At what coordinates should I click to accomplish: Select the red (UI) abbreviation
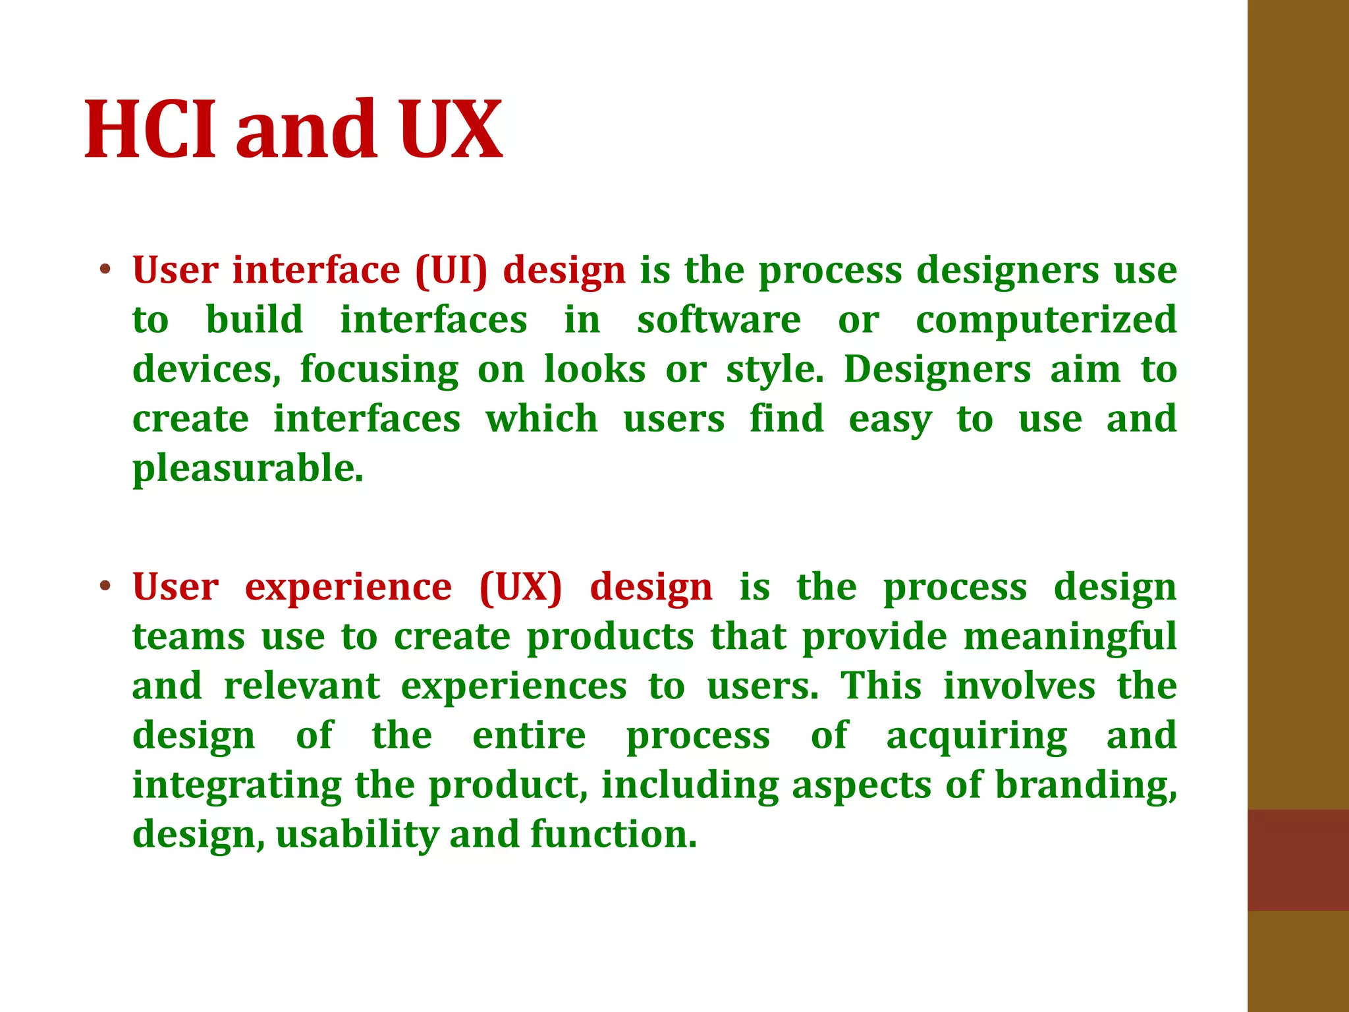(452, 271)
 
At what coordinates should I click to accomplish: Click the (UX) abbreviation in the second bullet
(520, 587)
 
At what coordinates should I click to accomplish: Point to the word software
(719, 320)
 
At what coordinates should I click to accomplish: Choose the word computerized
(1046, 320)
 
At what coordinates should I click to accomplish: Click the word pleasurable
(248, 470)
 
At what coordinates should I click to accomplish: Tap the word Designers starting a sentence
(937, 370)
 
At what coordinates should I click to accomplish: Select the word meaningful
(1070, 637)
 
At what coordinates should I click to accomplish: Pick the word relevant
(302, 687)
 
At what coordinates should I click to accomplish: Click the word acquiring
(976, 737)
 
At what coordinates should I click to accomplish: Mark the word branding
(1086, 786)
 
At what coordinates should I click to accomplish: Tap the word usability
(357, 835)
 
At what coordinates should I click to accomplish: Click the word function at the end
(613, 835)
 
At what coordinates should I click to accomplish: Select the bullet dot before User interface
(105, 269)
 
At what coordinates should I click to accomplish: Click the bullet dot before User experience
(105, 586)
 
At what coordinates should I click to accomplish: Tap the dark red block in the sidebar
(1298, 860)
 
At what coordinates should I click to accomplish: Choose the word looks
(595, 370)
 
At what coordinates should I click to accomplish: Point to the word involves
(1019, 687)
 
